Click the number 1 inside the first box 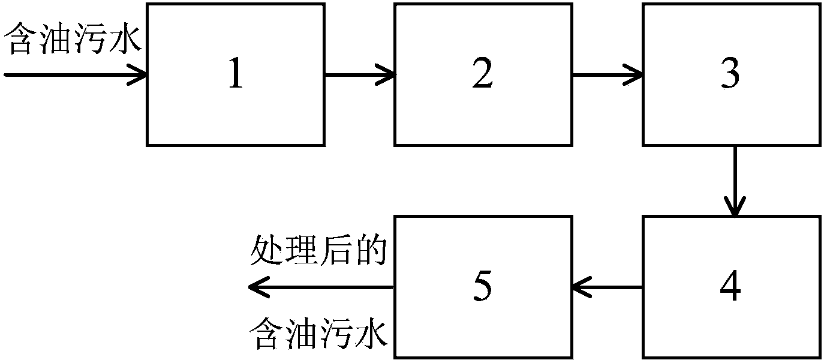tap(236, 73)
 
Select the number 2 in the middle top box tap(483, 73)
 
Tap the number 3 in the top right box tap(730, 74)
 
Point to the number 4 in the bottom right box tap(730, 285)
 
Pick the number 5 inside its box tap(483, 286)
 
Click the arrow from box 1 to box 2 tap(359, 75)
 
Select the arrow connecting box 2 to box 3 tap(608, 75)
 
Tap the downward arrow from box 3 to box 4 tap(735, 181)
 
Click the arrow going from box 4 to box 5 tap(608, 287)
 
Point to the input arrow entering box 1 tap(76, 75)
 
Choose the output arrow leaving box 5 tap(321, 287)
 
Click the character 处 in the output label tap(266, 251)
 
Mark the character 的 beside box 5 tap(371, 251)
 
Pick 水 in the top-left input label tap(125, 39)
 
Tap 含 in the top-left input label tap(20, 39)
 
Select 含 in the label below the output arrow tap(266, 334)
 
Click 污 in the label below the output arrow tap(336, 334)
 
